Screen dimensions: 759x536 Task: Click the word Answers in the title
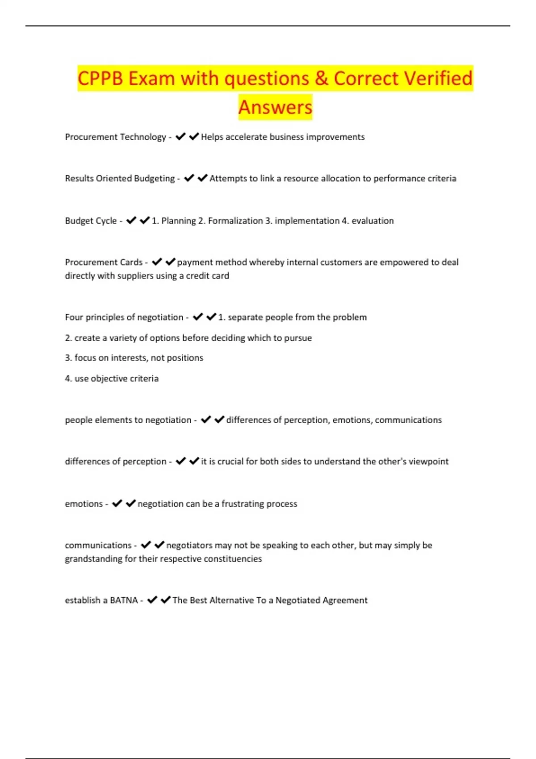[275, 107]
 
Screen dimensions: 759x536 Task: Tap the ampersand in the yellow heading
[321, 79]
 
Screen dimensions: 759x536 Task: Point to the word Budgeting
[155, 179]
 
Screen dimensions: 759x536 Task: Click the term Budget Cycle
[91, 221]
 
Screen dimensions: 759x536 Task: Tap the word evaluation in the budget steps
[373, 221]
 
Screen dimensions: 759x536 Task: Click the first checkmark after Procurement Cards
[157, 262]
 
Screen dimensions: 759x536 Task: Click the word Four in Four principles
[74, 317]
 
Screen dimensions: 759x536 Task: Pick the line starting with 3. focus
[134, 358]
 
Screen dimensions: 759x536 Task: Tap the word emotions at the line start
[84, 504]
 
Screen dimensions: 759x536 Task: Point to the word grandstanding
[93, 559]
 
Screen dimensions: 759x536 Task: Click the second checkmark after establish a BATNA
[166, 600]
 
